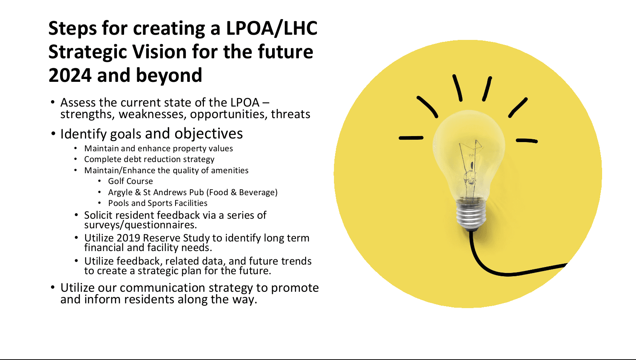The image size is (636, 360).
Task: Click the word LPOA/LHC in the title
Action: [x=271, y=29]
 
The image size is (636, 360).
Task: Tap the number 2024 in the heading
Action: [x=69, y=75]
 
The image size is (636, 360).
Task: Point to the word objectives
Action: [x=208, y=134]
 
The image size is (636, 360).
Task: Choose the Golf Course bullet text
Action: [x=130, y=181]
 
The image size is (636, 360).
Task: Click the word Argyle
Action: [x=120, y=192]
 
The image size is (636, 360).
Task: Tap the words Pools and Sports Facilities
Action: [x=158, y=203]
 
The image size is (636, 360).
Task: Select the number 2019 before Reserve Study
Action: [x=128, y=238]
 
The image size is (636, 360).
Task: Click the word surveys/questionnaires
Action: [x=140, y=225]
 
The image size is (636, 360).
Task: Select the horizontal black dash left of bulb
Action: [x=411, y=138]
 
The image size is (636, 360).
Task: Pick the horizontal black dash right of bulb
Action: [x=527, y=140]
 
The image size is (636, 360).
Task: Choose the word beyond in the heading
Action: [x=169, y=75]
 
